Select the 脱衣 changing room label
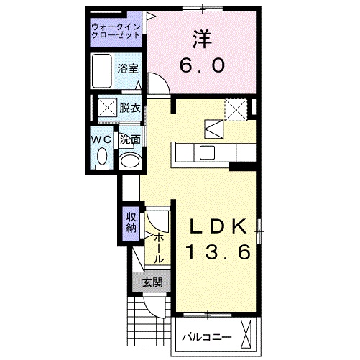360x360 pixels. tap(130, 109)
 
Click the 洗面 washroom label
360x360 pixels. tap(129, 139)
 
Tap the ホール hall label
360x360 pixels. tap(159, 246)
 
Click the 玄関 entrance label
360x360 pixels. tap(151, 282)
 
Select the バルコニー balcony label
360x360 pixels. tap(205, 336)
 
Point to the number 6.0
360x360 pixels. tap(202, 66)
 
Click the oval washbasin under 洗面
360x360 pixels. tap(129, 161)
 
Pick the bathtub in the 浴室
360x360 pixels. tap(102, 70)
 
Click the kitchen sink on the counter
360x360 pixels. tap(206, 152)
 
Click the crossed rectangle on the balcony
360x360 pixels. tap(249, 335)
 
